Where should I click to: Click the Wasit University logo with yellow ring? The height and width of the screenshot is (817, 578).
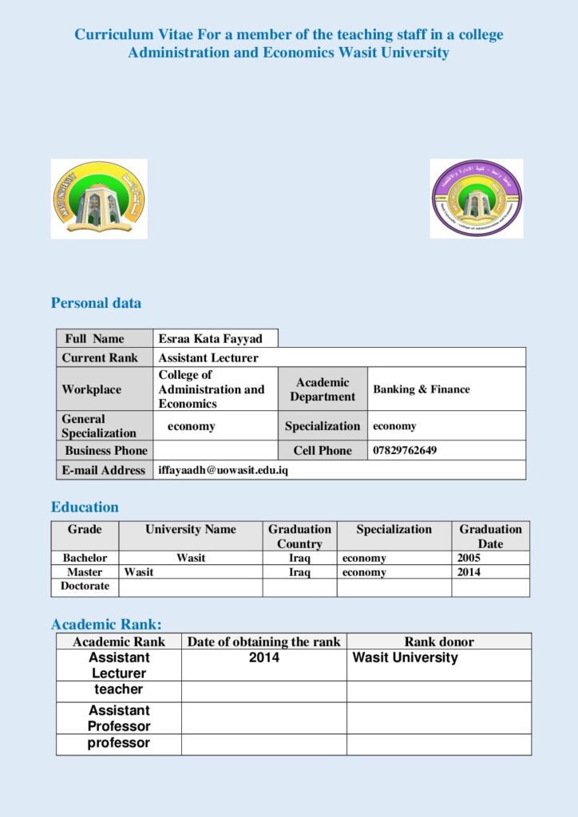(99, 198)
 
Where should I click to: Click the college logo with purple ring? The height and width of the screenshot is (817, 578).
(477, 198)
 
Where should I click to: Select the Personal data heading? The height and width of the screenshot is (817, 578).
(96, 303)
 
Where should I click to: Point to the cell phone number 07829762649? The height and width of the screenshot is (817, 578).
(405, 450)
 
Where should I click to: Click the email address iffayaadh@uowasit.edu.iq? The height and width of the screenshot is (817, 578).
(223, 470)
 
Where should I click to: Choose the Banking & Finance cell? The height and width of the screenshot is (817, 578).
(422, 389)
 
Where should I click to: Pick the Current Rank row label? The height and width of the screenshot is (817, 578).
(100, 357)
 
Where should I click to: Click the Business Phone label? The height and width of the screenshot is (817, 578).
(106, 450)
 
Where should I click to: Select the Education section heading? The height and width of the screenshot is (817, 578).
(85, 507)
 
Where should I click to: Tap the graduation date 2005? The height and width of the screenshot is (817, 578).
(469, 558)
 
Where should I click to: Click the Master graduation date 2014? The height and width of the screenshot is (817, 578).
(469, 572)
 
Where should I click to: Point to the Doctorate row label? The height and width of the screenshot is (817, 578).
(85, 586)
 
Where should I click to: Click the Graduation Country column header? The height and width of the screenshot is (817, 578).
(299, 536)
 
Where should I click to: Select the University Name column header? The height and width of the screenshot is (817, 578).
(191, 529)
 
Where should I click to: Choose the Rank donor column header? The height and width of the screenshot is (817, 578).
(439, 641)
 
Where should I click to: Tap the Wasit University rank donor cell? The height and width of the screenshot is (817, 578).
(406, 657)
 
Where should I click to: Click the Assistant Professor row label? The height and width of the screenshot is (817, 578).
(119, 718)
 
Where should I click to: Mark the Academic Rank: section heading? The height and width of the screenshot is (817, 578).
(106, 625)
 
